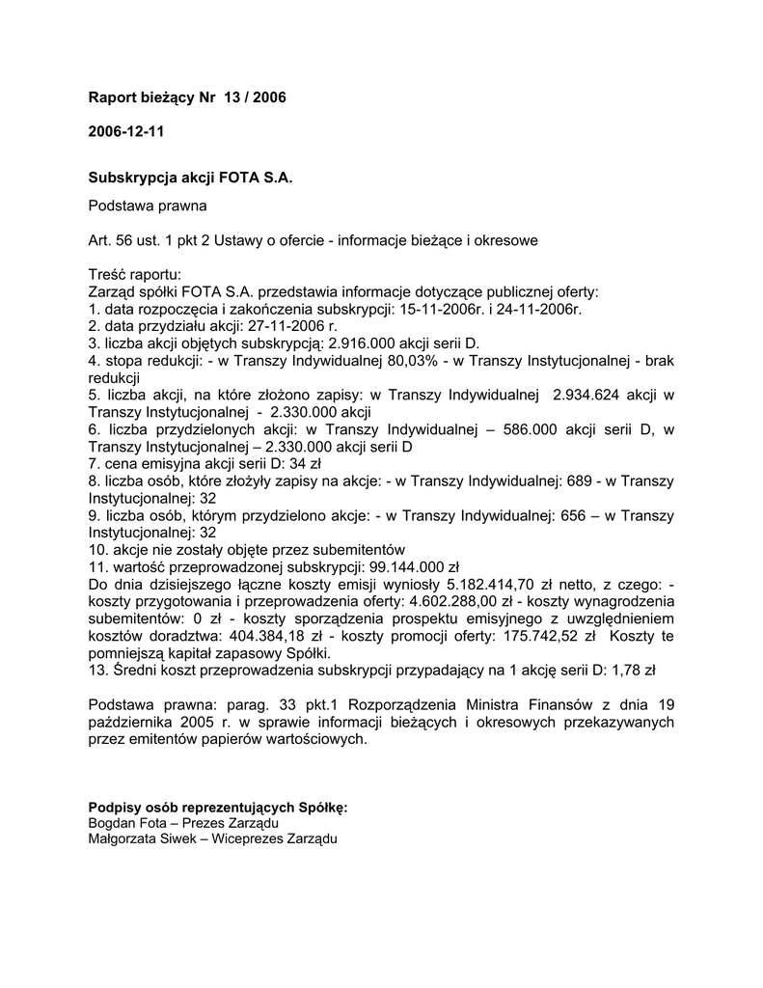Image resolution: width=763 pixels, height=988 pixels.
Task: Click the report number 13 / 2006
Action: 255,97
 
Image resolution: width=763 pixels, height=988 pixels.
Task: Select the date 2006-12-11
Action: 125,130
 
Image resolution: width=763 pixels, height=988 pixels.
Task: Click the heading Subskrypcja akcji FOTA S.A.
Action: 190,178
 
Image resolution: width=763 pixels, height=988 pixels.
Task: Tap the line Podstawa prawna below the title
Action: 148,206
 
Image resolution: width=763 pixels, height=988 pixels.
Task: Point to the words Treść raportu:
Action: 134,274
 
